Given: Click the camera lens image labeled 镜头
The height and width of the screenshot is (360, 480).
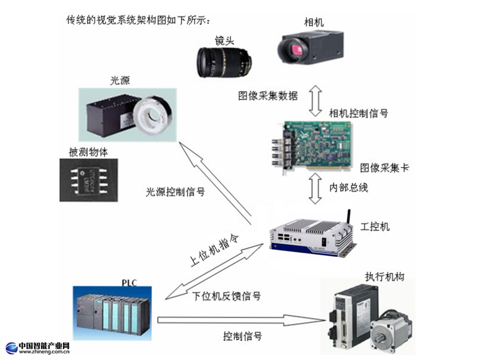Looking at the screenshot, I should coord(224,62).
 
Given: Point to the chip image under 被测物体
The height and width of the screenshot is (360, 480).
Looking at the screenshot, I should coord(89,180).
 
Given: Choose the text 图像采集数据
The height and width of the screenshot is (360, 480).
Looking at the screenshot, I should coord(268,96).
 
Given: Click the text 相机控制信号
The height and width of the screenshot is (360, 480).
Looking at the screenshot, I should coord(359,113).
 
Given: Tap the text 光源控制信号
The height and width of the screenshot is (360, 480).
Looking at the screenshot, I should coord(175,192).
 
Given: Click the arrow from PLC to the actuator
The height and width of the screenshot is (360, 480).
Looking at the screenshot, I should coord(241,320).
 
